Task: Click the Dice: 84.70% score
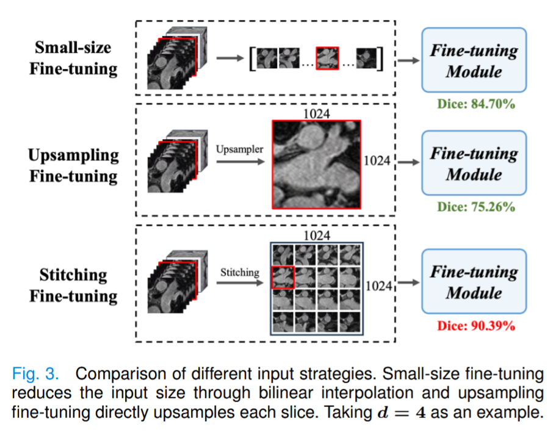476,104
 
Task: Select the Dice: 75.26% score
476,207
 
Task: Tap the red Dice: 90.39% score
476,326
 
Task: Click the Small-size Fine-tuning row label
73,58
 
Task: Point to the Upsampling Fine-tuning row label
73,165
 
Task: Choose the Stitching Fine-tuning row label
73,286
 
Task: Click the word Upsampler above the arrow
240,149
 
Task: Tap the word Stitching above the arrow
240,272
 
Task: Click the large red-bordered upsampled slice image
316,164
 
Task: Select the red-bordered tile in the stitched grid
283,277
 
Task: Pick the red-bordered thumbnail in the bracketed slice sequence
327,58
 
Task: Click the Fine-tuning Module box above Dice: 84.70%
474,60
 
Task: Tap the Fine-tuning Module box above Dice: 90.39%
474,281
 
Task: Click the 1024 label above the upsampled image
317,113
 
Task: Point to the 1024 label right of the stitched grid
379,286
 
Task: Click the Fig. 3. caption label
35,374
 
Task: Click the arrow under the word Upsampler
240,162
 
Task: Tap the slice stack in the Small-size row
177,58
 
